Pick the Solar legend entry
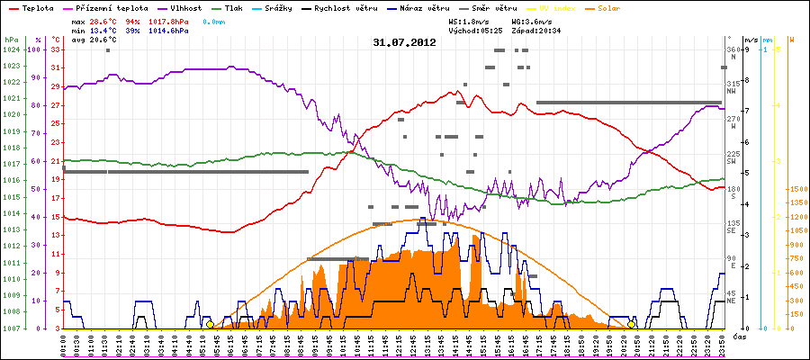pos(622,7)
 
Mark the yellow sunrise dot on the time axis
pos(211,324)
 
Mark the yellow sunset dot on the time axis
pos(632,324)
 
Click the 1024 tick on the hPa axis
pos(11,49)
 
